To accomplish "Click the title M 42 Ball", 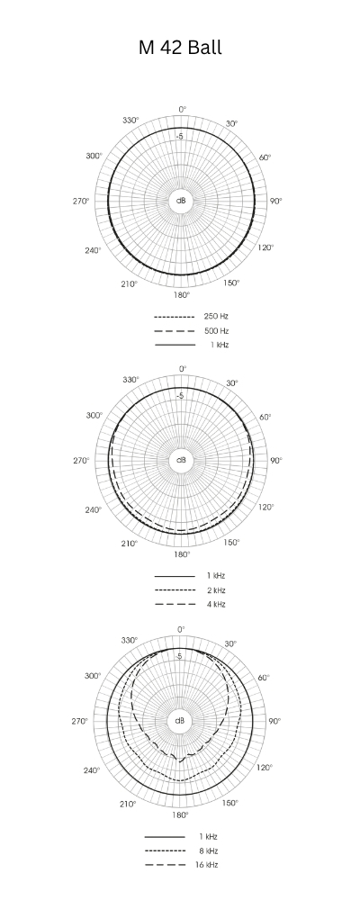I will pyautogui.click(x=180, y=49).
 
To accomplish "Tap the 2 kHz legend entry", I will pyautogui.click(x=215, y=589).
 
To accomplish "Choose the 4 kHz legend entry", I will pyautogui.click(x=215, y=604).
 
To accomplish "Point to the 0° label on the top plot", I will pyautogui.click(x=182, y=109).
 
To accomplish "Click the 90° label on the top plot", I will pyautogui.click(x=275, y=200).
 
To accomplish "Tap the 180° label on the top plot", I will pyautogui.click(x=181, y=294).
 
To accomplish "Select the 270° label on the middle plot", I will pyautogui.click(x=81, y=460).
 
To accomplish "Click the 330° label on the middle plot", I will pyautogui.click(x=130, y=380).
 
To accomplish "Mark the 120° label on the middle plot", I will pyautogui.click(x=265, y=507).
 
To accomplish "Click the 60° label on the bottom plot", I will pyautogui.click(x=265, y=677).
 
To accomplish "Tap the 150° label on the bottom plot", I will pyautogui.click(x=231, y=802).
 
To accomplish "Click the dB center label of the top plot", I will pyautogui.click(x=181, y=200).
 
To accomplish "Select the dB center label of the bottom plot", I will pyautogui.click(x=181, y=721).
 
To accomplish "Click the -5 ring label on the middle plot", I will pyautogui.click(x=180, y=396).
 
